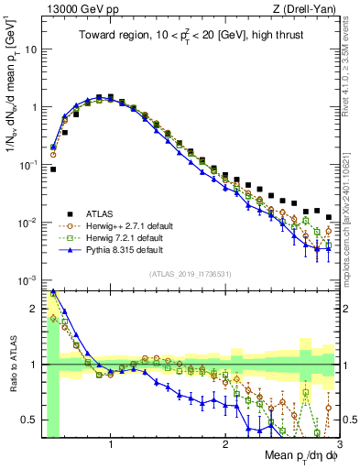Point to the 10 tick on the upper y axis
coord(34,49)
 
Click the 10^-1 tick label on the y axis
coord(30,165)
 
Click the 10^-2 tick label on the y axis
coord(30,223)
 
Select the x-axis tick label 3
coord(339,446)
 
